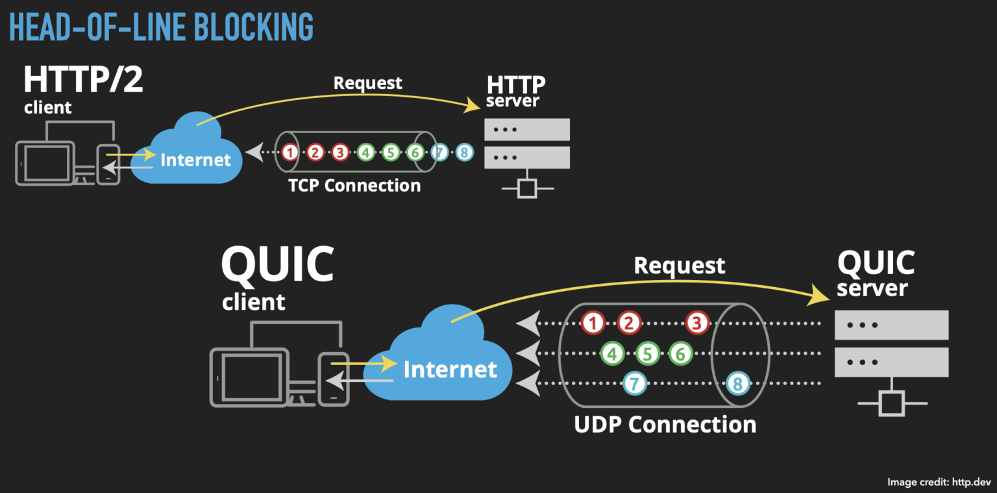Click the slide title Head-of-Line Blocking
click(162, 27)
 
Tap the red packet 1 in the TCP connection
click(290, 153)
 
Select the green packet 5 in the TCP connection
click(389, 153)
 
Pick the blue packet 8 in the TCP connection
click(463, 153)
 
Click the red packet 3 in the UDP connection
click(696, 323)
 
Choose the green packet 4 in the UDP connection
click(611, 353)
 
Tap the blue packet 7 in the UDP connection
click(634, 384)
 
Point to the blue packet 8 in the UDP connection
click(737, 384)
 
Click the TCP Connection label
click(354, 186)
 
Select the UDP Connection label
click(665, 425)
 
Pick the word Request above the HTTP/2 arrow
click(367, 83)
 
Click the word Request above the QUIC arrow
click(679, 266)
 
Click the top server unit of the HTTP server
click(527, 129)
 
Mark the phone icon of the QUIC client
click(334, 379)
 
